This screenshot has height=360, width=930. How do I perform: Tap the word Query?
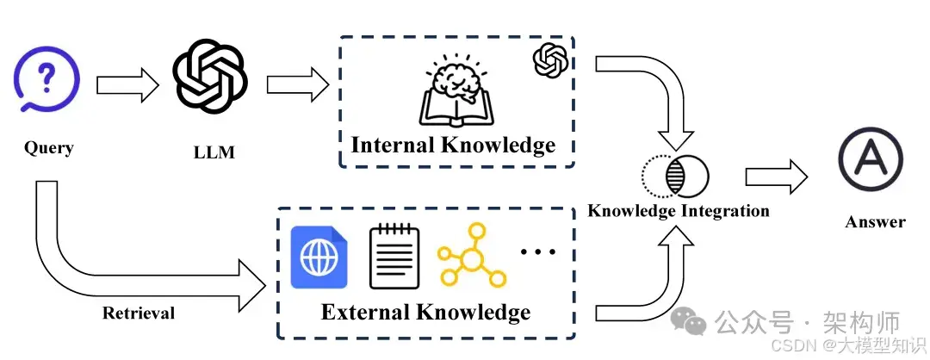[49, 147]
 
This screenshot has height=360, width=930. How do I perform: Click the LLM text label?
[214, 153]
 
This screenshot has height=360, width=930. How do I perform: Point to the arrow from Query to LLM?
[127, 85]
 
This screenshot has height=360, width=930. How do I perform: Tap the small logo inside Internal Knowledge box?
[550, 61]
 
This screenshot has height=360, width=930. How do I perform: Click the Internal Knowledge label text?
[453, 144]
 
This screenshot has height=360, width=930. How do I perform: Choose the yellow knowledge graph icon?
[472, 256]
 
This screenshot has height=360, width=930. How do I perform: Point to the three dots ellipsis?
[538, 251]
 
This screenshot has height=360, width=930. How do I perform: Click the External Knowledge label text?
[425, 311]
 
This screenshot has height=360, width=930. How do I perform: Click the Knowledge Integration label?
[678, 211]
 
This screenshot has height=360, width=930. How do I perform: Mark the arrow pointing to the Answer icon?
[776, 177]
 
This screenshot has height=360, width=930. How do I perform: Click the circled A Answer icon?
[871, 161]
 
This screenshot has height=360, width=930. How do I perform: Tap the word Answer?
[875, 222]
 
